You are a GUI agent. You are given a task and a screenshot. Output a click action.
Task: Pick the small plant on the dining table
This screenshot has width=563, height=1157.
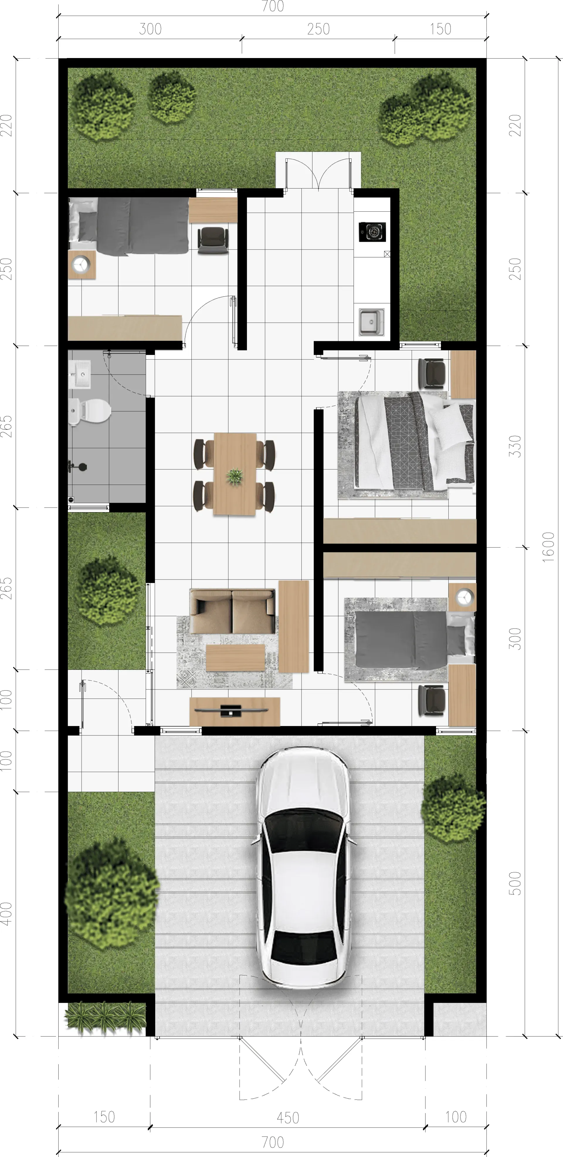235,476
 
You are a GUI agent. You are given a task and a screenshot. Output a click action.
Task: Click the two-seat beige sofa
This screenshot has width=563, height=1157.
232,611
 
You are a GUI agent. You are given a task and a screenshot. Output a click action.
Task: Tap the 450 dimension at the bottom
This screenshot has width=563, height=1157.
288,1117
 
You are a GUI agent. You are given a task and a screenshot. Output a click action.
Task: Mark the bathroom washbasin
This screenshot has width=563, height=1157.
79,374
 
